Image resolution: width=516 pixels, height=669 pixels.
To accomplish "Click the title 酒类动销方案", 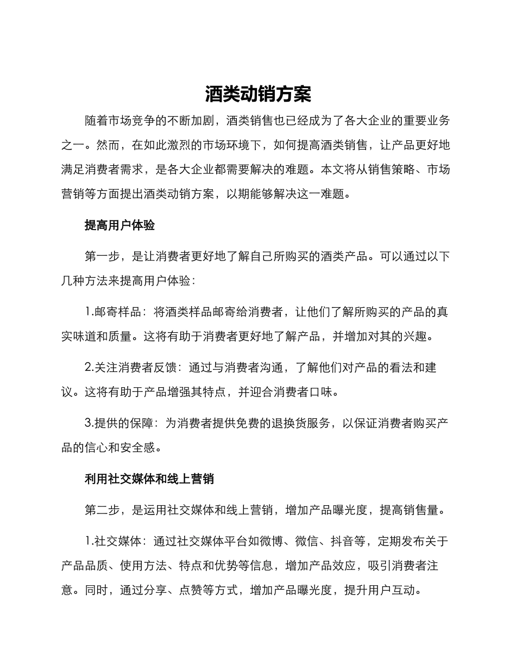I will click(258, 94).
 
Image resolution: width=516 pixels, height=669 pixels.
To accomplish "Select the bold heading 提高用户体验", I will click(119, 225).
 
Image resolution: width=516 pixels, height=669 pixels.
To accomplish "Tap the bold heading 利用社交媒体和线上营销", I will click(149, 479).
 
